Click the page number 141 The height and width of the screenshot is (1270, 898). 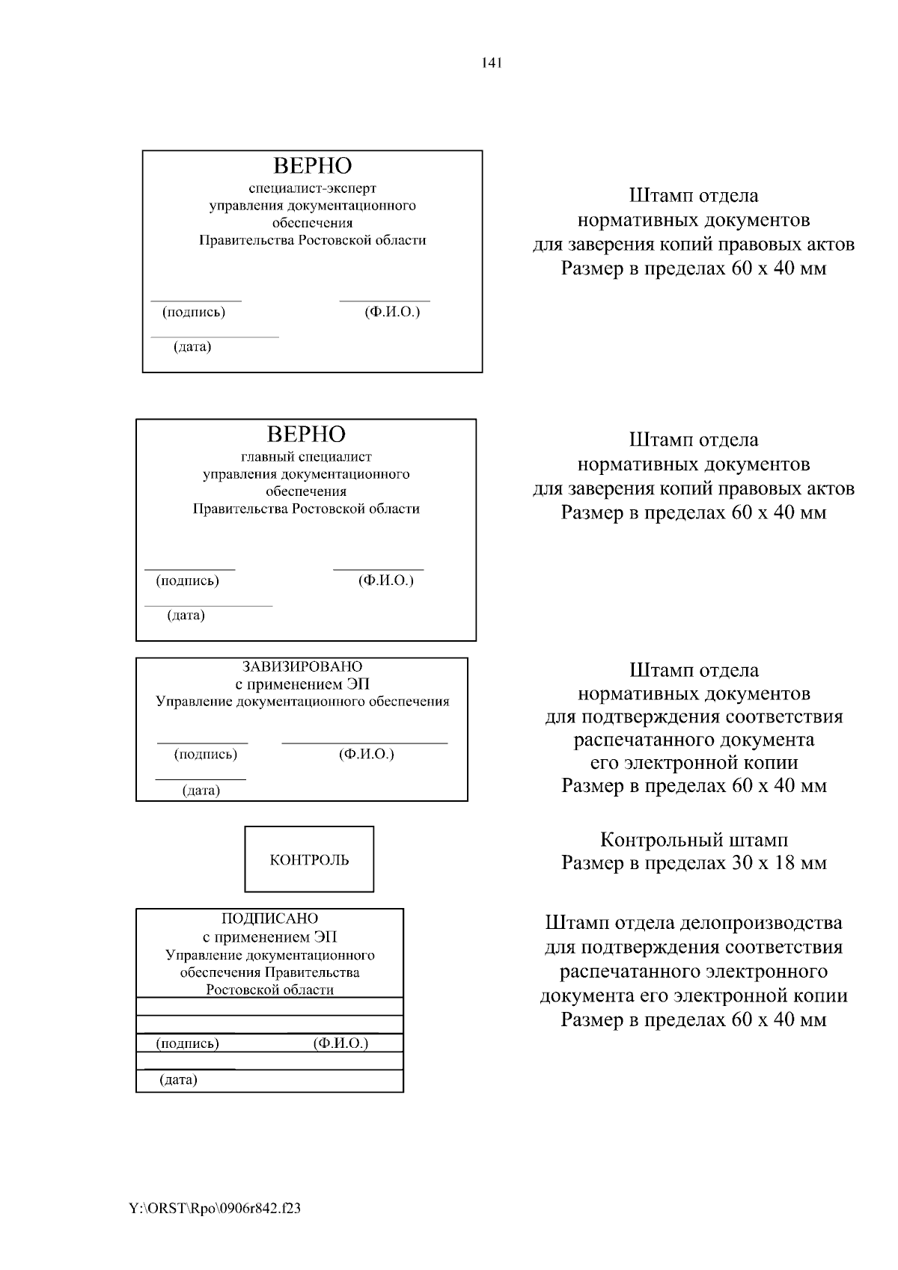(x=492, y=63)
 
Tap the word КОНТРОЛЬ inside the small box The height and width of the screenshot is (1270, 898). (x=309, y=860)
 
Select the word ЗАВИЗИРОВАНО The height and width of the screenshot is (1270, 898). (x=302, y=666)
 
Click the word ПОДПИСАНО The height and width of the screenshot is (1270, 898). (x=269, y=918)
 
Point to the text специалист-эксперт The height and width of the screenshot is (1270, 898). (x=312, y=188)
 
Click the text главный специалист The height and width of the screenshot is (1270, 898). (x=305, y=457)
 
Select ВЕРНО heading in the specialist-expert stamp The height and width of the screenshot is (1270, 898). (x=312, y=165)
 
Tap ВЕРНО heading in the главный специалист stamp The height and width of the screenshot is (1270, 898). (x=306, y=435)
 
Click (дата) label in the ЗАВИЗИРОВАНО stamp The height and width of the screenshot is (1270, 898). (x=201, y=791)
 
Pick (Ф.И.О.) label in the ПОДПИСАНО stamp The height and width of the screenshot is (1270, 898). (x=340, y=1043)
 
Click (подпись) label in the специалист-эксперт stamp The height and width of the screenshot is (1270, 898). (x=194, y=312)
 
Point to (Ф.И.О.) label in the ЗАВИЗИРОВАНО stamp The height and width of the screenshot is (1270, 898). (x=366, y=754)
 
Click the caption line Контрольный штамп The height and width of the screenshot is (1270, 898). (x=694, y=840)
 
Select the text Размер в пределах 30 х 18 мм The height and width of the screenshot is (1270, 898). (x=694, y=863)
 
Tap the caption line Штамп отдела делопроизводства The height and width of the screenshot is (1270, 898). (x=694, y=923)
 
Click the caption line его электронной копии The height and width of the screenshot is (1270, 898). (x=694, y=763)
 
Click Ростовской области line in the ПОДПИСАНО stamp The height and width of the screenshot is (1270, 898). (x=269, y=990)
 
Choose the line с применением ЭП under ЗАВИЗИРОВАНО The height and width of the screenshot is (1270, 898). (x=302, y=684)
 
